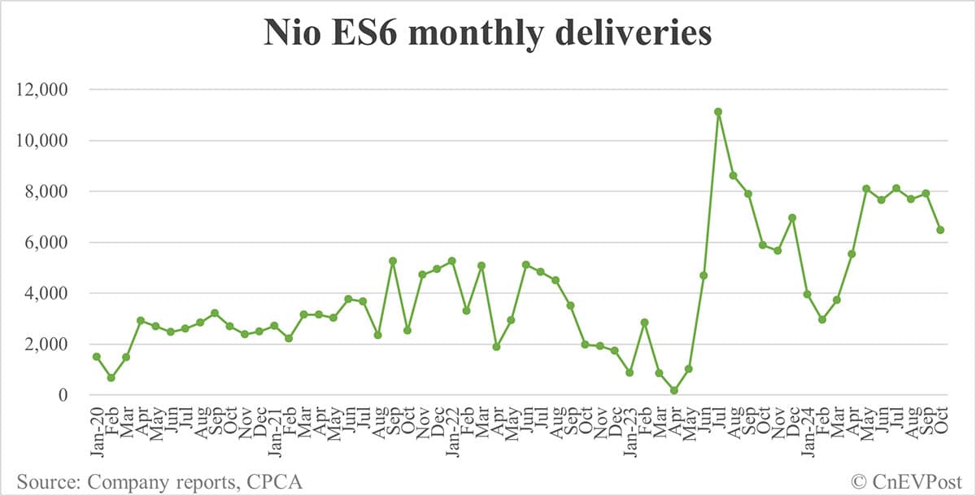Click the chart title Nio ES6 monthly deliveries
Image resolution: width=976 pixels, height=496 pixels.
point(487,33)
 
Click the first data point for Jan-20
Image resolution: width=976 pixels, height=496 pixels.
point(96,357)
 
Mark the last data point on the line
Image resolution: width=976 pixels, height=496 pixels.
point(940,230)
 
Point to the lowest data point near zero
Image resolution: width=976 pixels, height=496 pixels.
point(673,391)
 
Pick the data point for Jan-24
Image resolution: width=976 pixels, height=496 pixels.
point(807,294)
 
